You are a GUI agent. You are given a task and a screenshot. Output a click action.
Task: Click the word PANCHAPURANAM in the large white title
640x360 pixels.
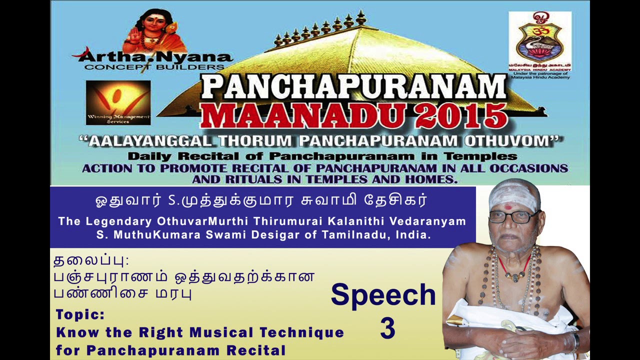[x=354, y=87]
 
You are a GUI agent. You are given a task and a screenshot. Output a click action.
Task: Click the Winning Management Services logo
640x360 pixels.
[x=118, y=102]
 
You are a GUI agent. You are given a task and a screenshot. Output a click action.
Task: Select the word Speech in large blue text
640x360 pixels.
[x=383, y=294]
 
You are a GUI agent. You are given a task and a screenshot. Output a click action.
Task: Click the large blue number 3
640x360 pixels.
[x=387, y=328]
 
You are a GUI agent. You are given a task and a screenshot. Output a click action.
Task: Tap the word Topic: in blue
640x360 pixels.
[x=80, y=315]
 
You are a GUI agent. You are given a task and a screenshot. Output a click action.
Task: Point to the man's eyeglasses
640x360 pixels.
[x=512, y=216]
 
